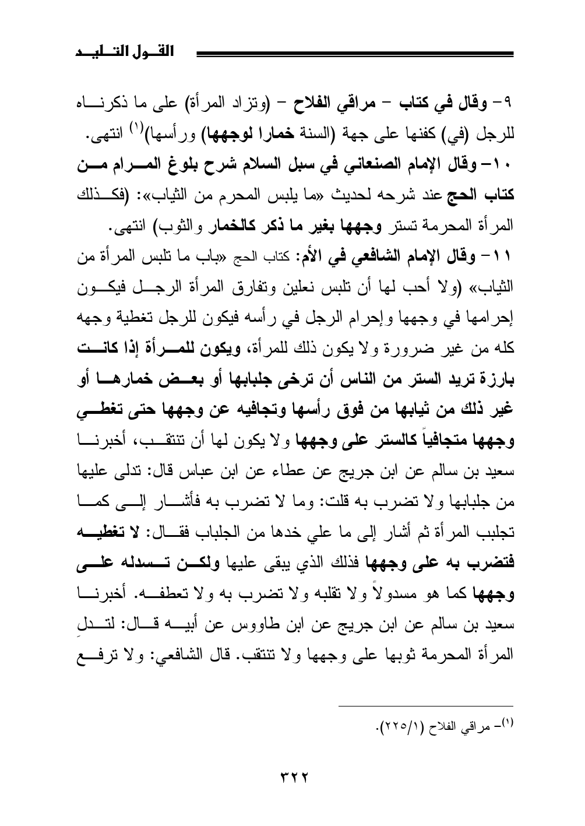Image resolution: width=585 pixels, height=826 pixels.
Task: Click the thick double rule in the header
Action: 355,55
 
